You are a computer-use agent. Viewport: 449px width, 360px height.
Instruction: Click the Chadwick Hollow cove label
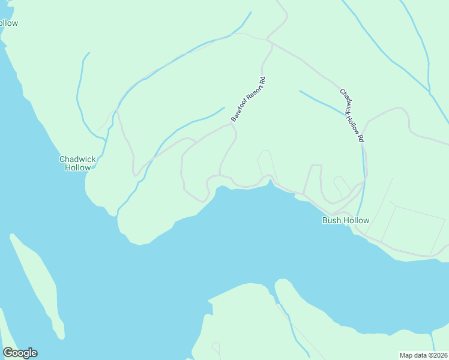click(77, 163)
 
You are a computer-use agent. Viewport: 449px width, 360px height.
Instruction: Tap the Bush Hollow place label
click(346, 220)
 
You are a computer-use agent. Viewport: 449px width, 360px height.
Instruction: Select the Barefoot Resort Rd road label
click(247, 100)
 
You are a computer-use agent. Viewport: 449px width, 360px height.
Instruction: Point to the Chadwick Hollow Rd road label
click(352, 115)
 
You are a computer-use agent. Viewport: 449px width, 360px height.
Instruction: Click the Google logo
click(20, 353)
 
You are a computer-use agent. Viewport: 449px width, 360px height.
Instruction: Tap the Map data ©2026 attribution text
click(423, 355)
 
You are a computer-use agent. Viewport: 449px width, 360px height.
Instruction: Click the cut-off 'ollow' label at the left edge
click(8, 23)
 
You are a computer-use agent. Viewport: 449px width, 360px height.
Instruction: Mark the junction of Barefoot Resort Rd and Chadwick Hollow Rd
click(272, 43)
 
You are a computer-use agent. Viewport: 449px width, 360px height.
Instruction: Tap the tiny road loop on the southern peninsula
click(215, 347)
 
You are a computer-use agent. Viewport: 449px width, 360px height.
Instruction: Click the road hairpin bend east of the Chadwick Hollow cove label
click(136, 175)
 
